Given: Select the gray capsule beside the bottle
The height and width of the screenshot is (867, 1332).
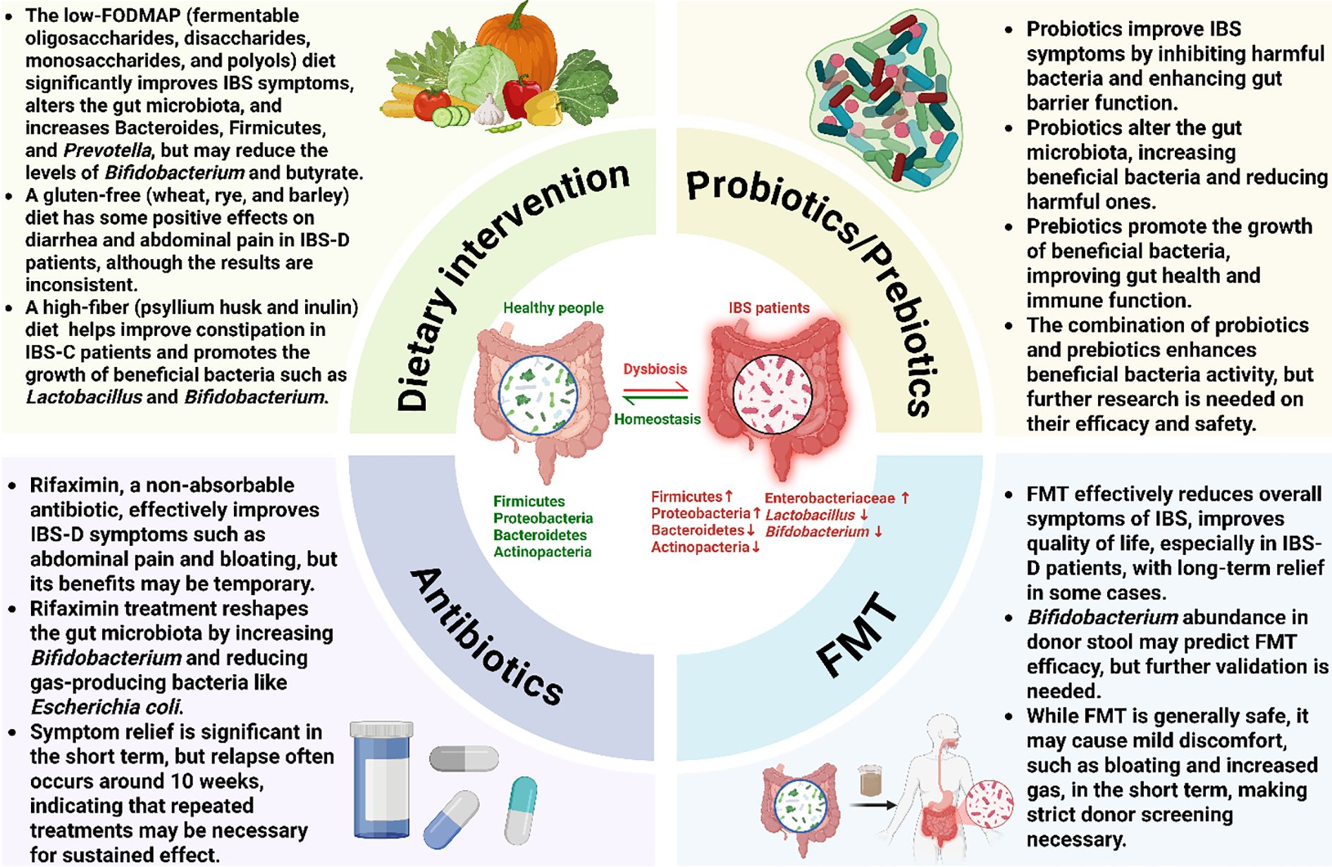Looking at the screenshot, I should click(464, 759).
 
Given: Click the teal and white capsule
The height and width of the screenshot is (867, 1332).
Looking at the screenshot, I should click(521, 810).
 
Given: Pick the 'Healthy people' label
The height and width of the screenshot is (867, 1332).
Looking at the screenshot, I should click(553, 308).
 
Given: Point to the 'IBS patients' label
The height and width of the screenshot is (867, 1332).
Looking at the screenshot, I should click(769, 308).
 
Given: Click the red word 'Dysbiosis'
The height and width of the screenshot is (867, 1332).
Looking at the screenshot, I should click(655, 369).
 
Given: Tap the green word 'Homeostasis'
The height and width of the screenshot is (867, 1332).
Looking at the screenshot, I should click(657, 419).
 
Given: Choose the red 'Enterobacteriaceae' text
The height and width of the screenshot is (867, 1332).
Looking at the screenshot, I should click(830, 498).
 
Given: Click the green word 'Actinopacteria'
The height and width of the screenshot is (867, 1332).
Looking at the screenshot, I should click(542, 551).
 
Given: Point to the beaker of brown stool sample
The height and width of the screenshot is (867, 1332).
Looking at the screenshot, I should click(871, 780).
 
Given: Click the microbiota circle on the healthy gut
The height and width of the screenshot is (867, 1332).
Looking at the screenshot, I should click(538, 394).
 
